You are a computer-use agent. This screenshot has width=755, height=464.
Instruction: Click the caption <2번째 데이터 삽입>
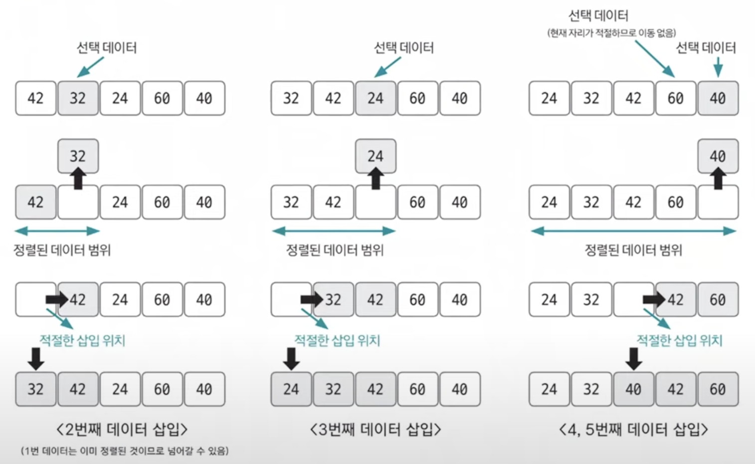[122, 429]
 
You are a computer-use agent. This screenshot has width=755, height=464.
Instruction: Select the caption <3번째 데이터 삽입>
[376, 429]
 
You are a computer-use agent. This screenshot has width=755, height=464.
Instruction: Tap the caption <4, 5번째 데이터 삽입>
[633, 429]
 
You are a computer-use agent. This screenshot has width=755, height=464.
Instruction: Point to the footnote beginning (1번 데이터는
[125, 451]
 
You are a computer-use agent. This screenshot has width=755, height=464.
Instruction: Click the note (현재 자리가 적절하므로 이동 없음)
[611, 33]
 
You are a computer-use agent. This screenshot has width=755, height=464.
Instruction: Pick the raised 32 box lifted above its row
[78, 156]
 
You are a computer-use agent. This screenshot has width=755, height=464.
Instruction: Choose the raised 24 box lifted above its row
[376, 156]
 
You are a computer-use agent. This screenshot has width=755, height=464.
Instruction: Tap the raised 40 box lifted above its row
[718, 156]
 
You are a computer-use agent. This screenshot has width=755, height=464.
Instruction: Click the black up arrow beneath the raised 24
[376, 179]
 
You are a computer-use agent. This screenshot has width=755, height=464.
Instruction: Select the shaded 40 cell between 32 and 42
[633, 389]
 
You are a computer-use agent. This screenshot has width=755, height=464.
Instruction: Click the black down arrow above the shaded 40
[633, 358]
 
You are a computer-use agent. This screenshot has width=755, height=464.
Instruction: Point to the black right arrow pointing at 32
[311, 299]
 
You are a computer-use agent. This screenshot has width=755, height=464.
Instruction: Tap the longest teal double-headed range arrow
[633, 231]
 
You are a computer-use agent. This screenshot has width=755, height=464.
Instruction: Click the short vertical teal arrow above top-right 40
[718, 66]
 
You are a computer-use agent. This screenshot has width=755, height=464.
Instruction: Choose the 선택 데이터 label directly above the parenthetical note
[598, 16]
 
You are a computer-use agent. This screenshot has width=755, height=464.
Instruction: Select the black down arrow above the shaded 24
[291, 358]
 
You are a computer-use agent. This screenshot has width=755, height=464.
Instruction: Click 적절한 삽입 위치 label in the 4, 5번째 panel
[679, 340]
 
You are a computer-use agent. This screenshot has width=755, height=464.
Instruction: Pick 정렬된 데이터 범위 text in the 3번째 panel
[335, 250]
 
